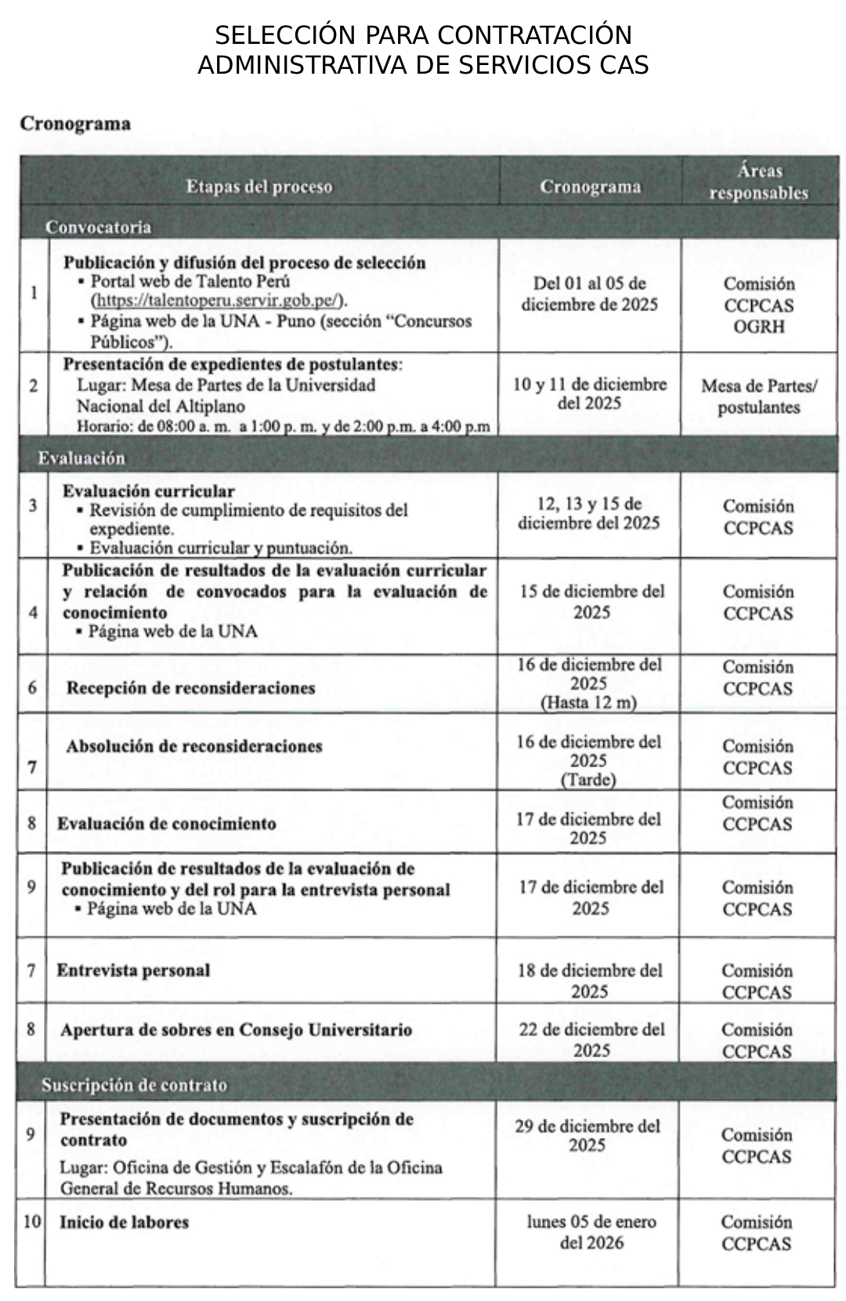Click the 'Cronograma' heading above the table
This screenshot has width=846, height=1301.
(75, 124)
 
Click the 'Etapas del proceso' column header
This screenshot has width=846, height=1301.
(259, 187)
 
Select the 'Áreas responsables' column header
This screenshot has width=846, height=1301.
(758, 182)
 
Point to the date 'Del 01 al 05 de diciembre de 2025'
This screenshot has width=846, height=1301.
(589, 294)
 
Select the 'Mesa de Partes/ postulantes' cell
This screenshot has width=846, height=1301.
(758, 397)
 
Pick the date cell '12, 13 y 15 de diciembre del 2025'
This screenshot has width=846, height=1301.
(588, 513)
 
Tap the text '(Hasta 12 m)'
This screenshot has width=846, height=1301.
(588, 702)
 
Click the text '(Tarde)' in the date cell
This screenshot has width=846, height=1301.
(588, 780)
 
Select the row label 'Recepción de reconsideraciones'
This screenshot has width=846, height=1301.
(190, 688)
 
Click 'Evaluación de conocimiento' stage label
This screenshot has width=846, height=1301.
(167, 824)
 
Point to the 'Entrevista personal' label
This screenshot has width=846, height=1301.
(133, 970)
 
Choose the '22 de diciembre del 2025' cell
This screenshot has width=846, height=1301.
(591, 1039)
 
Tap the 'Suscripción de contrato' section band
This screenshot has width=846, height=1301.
(134, 1085)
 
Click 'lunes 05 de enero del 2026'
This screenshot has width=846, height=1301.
(591, 1231)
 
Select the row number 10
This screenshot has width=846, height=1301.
(31, 1222)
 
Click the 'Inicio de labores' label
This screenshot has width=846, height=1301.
(124, 1223)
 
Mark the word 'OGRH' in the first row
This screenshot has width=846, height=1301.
(758, 327)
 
